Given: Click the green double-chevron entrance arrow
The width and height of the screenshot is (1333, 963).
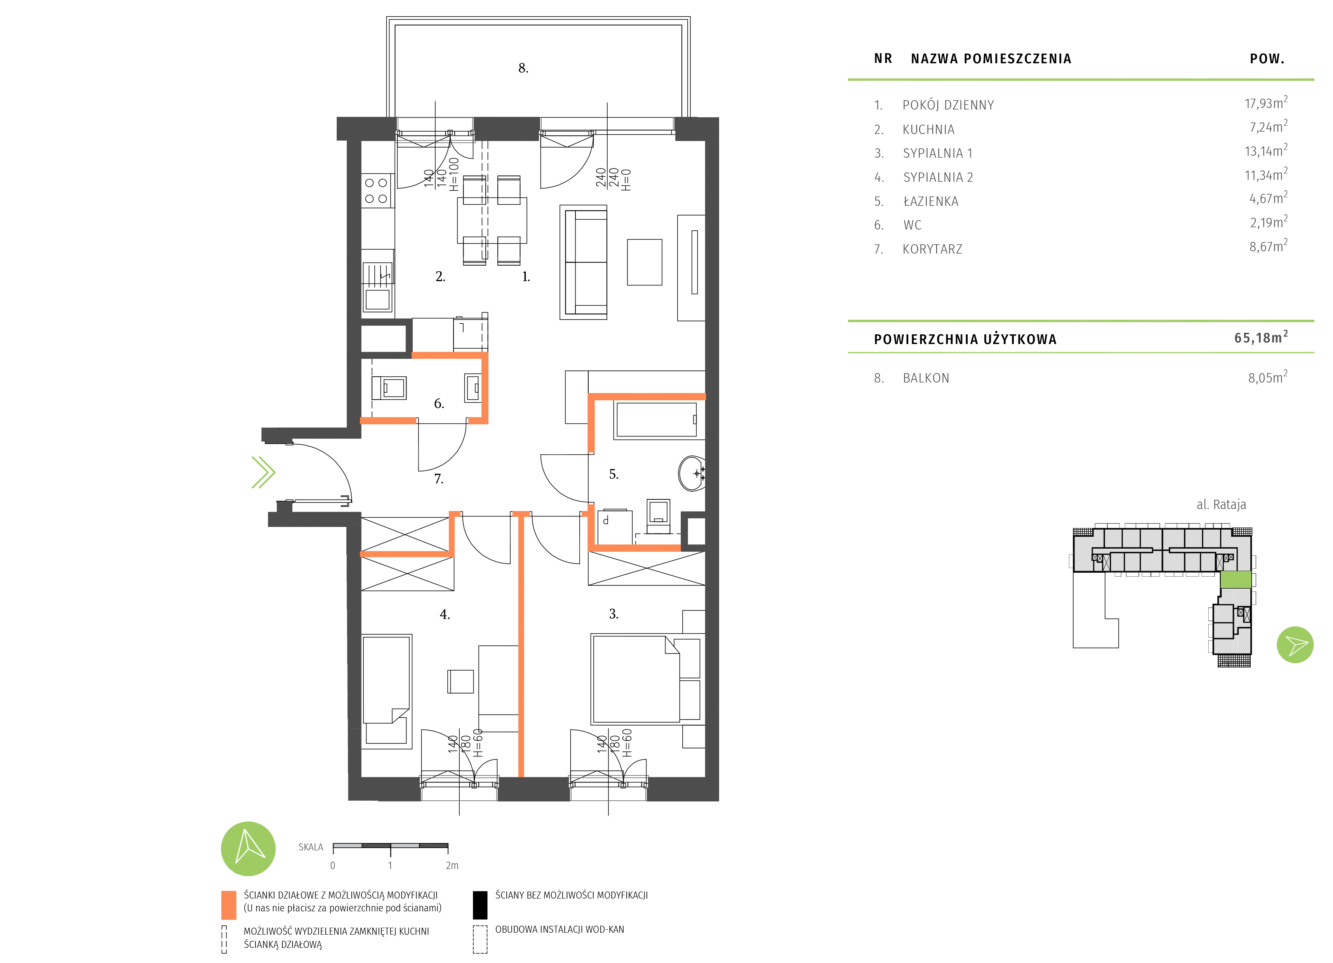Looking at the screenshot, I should [263, 472].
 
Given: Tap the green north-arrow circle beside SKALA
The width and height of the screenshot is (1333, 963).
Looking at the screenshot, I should [248, 848].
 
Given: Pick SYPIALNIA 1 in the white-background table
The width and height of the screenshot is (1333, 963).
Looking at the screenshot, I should [937, 153].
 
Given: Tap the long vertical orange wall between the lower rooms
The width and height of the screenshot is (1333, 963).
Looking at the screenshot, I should [521, 647].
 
